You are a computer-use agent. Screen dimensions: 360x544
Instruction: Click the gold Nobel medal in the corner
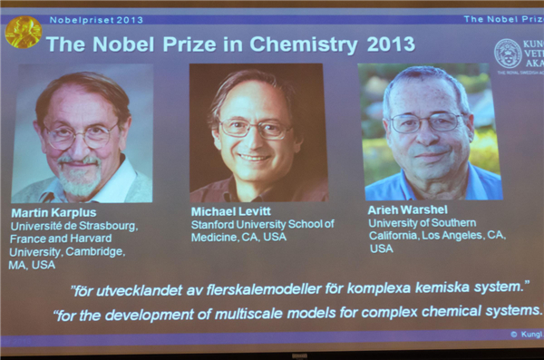coord(23,33)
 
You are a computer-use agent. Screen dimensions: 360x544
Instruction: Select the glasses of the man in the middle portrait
coord(255,128)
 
